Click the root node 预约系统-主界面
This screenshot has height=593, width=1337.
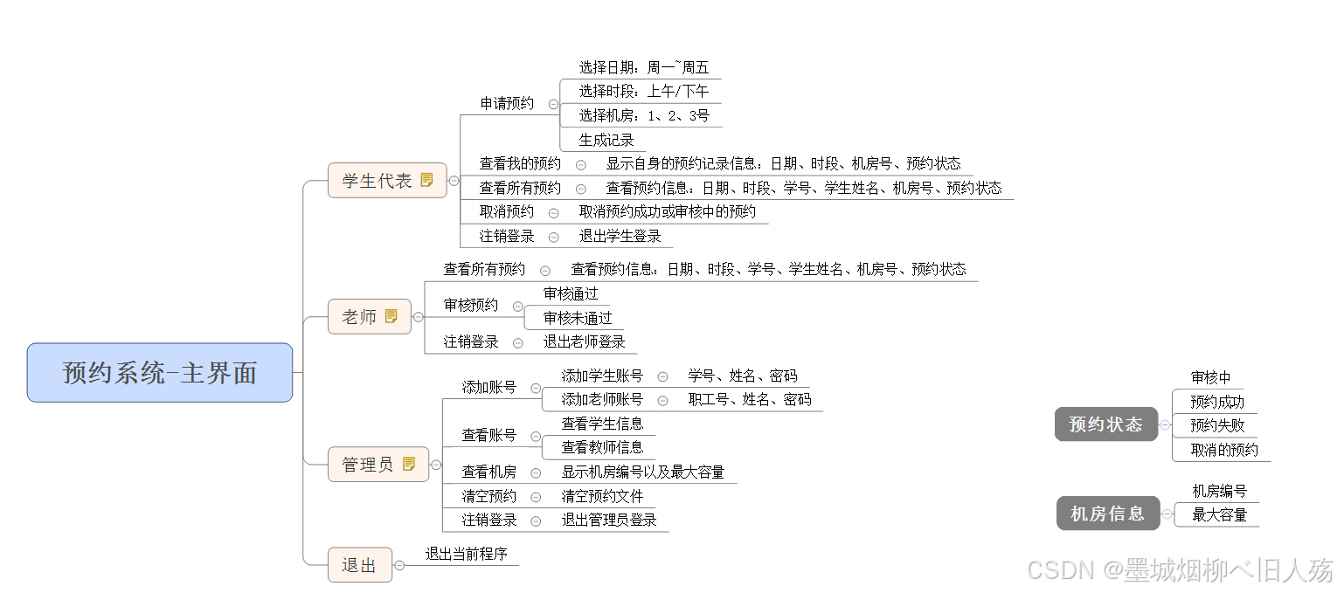point(160,373)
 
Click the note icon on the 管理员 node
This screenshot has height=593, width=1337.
point(409,465)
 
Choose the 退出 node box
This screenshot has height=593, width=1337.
point(359,565)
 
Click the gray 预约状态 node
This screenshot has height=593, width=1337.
point(1105,424)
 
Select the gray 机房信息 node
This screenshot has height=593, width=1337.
point(1107,514)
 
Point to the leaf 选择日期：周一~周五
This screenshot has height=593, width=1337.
point(644,67)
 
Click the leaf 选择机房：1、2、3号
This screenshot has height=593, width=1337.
point(644,115)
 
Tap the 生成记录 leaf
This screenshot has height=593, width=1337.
point(606,140)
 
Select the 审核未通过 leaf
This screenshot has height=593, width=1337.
point(578,318)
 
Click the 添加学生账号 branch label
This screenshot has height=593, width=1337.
point(602,376)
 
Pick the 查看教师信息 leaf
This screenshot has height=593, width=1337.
point(602,447)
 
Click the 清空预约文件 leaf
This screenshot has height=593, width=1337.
point(602,496)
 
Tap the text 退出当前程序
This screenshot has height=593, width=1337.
point(466,554)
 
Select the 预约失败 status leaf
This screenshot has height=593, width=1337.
point(1217,425)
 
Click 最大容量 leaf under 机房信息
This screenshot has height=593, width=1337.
point(1219,515)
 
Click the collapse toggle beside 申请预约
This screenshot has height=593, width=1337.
point(553,104)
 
